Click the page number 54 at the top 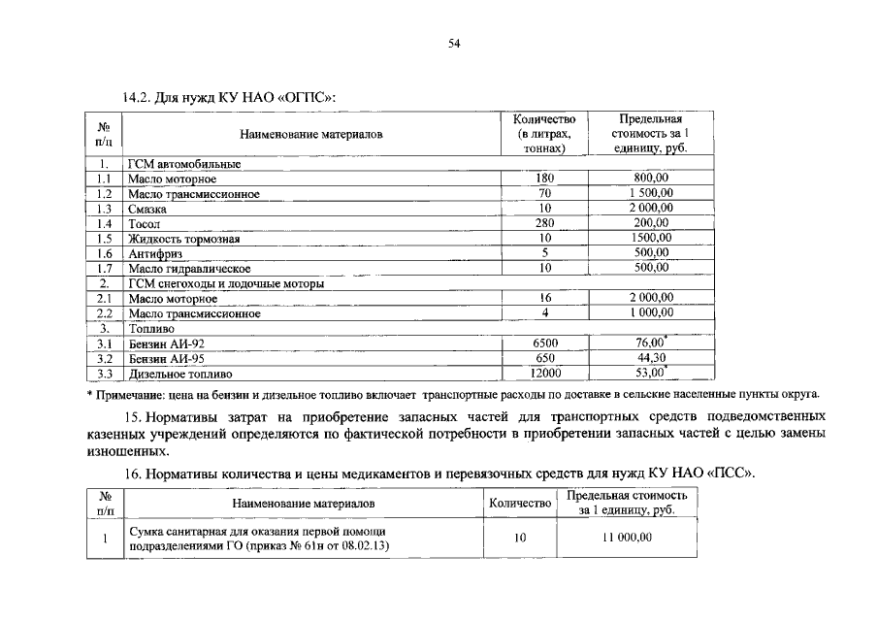[x=453, y=43]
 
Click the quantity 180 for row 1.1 [x=544, y=180]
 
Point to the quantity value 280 [x=544, y=223]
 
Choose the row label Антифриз [x=154, y=252]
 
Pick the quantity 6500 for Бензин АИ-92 [x=545, y=343]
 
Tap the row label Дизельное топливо [x=180, y=374]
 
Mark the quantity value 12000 [x=545, y=374]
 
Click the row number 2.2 [x=106, y=314]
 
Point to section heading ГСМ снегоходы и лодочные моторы [x=226, y=284]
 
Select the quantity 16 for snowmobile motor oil [x=545, y=299]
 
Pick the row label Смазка [x=147, y=209]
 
